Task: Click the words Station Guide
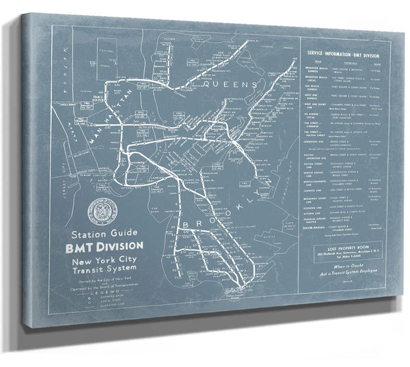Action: (111, 234)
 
